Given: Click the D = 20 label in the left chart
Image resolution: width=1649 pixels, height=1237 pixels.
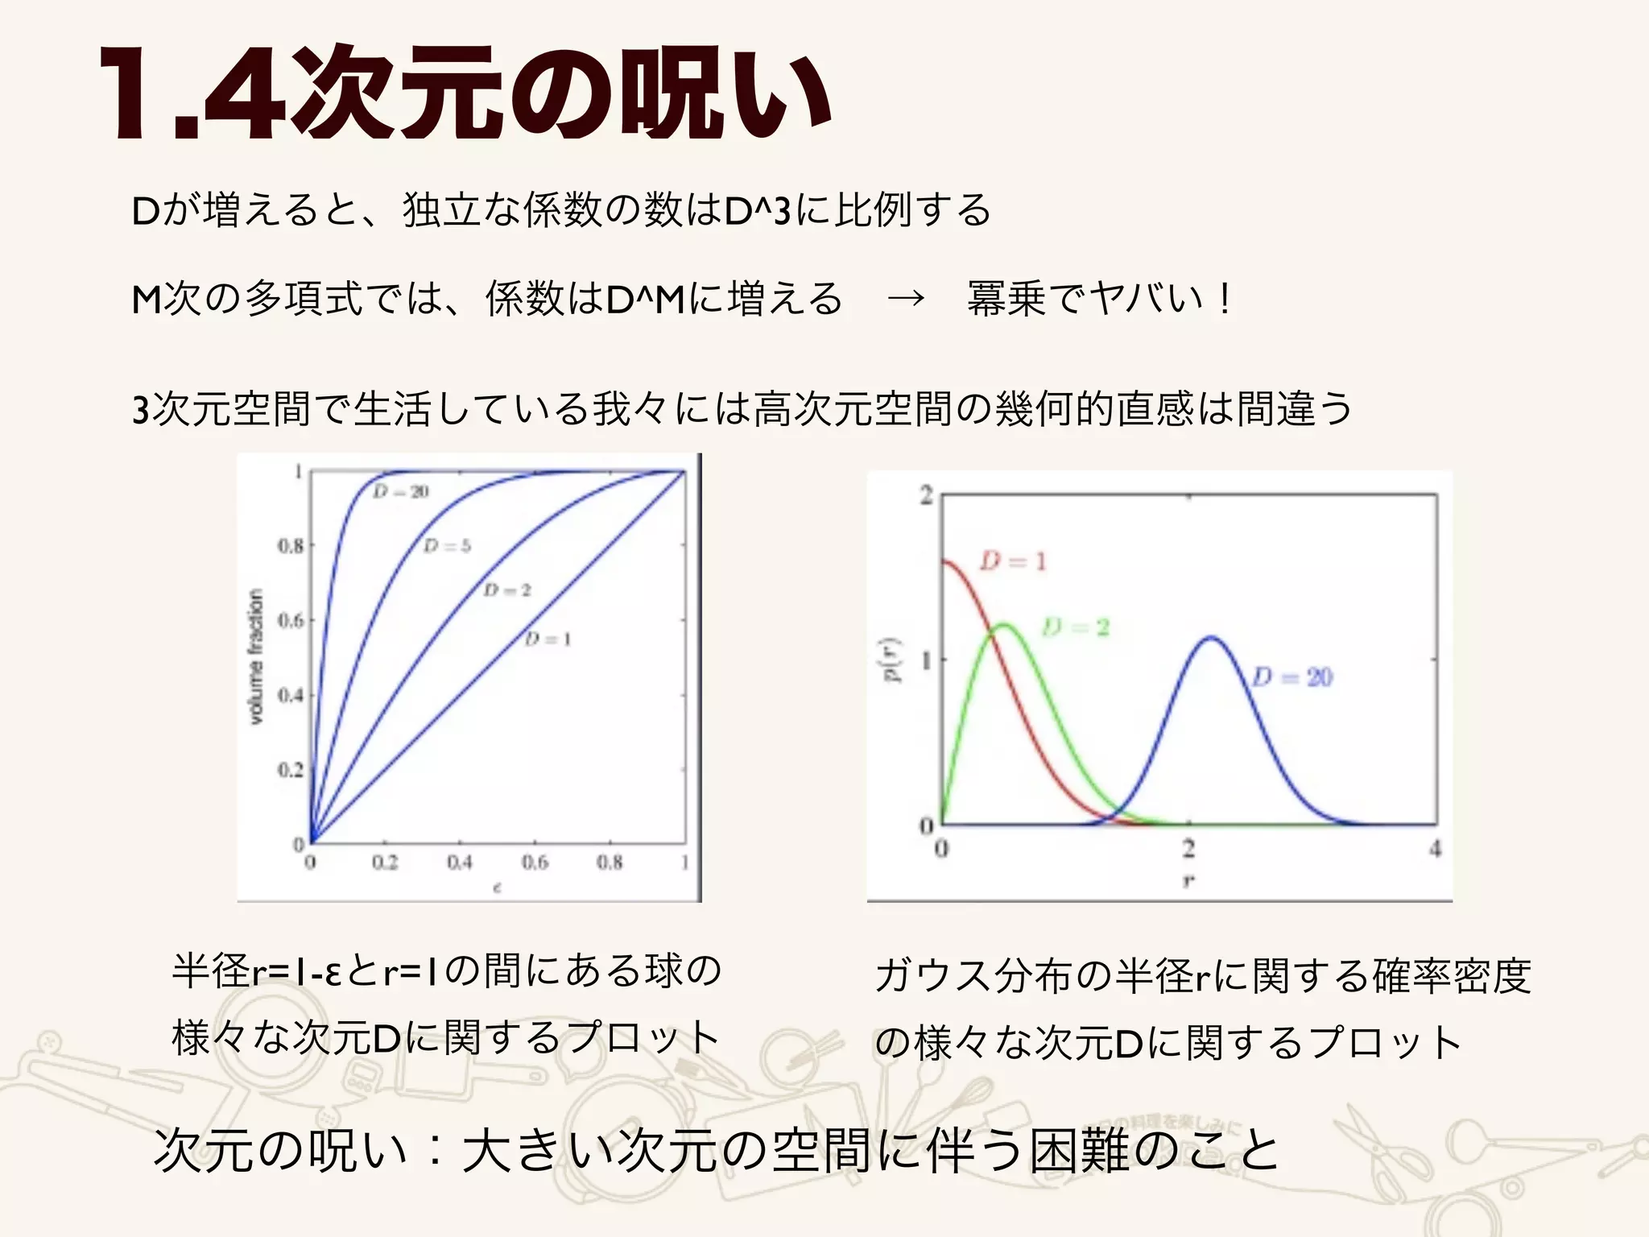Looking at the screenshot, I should (x=401, y=491).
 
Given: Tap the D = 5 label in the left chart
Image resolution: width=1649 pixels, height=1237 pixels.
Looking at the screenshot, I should (x=447, y=546).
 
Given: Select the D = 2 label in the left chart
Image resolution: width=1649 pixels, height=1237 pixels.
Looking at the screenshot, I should (x=507, y=590).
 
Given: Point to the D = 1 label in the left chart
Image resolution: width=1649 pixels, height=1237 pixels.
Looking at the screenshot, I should (x=548, y=639).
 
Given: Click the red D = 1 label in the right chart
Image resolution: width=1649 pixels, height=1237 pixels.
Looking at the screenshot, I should (x=1013, y=561).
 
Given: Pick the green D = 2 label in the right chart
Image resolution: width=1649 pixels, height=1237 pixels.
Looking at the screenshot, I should (x=1076, y=627).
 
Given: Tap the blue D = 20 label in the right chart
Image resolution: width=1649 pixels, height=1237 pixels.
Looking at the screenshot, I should (x=1293, y=676).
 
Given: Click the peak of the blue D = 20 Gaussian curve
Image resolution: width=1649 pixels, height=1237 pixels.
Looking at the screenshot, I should (x=1212, y=638).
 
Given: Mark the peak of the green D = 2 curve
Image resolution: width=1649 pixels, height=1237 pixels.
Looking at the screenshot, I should (x=1004, y=624).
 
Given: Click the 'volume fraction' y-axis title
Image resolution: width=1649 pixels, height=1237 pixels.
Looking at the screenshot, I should (x=255, y=656).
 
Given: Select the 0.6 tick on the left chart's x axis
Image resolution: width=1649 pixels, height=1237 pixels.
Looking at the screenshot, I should (x=535, y=863).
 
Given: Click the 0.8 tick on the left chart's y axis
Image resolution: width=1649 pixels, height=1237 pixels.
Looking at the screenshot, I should (x=291, y=546).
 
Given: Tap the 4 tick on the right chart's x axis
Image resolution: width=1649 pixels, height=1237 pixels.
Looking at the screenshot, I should (x=1435, y=848).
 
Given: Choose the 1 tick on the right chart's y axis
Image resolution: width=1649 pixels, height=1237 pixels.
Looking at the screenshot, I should (x=926, y=660).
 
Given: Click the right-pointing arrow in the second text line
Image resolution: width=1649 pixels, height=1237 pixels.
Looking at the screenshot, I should (x=906, y=299).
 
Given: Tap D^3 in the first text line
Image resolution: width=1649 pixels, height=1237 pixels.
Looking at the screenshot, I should (x=758, y=211).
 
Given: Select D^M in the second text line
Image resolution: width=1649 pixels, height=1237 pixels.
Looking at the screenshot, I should (x=645, y=299).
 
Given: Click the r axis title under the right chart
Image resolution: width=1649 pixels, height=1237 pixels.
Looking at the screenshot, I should (x=1188, y=881).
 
